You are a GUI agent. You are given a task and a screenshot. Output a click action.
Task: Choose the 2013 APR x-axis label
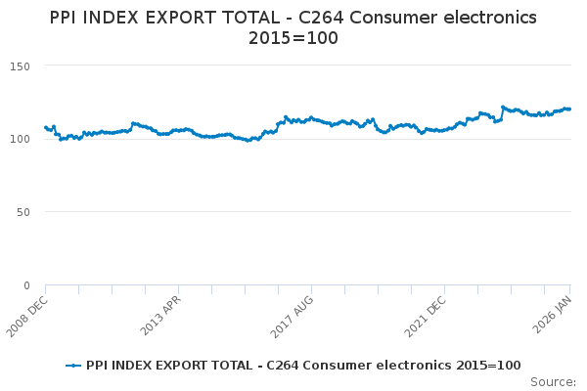[x=162, y=314]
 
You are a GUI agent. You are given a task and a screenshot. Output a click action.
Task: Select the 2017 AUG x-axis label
[x=293, y=314]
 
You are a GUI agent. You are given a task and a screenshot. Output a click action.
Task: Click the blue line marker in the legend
[x=73, y=366]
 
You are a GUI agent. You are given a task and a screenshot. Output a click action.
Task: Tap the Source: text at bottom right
[x=553, y=381]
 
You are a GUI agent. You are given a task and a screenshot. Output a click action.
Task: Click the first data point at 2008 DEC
[x=46, y=127]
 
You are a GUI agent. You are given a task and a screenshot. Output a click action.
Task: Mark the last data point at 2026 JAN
[x=569, y=109]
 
